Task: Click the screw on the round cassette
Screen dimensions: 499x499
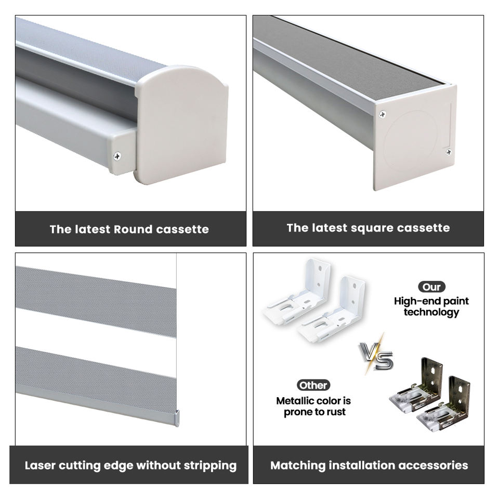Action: click(117, 156)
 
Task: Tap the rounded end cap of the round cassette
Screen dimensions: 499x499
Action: click(181, 124)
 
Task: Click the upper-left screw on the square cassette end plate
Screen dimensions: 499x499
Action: click(383, 114)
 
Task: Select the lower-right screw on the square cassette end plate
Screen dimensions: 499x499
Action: click(449, 152)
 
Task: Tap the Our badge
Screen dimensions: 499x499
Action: click(431, 287)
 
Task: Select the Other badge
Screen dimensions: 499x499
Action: click(313, 385)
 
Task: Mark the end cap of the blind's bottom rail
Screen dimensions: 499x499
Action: click(177, 418)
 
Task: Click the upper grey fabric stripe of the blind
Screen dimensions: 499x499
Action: click(96, 301)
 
